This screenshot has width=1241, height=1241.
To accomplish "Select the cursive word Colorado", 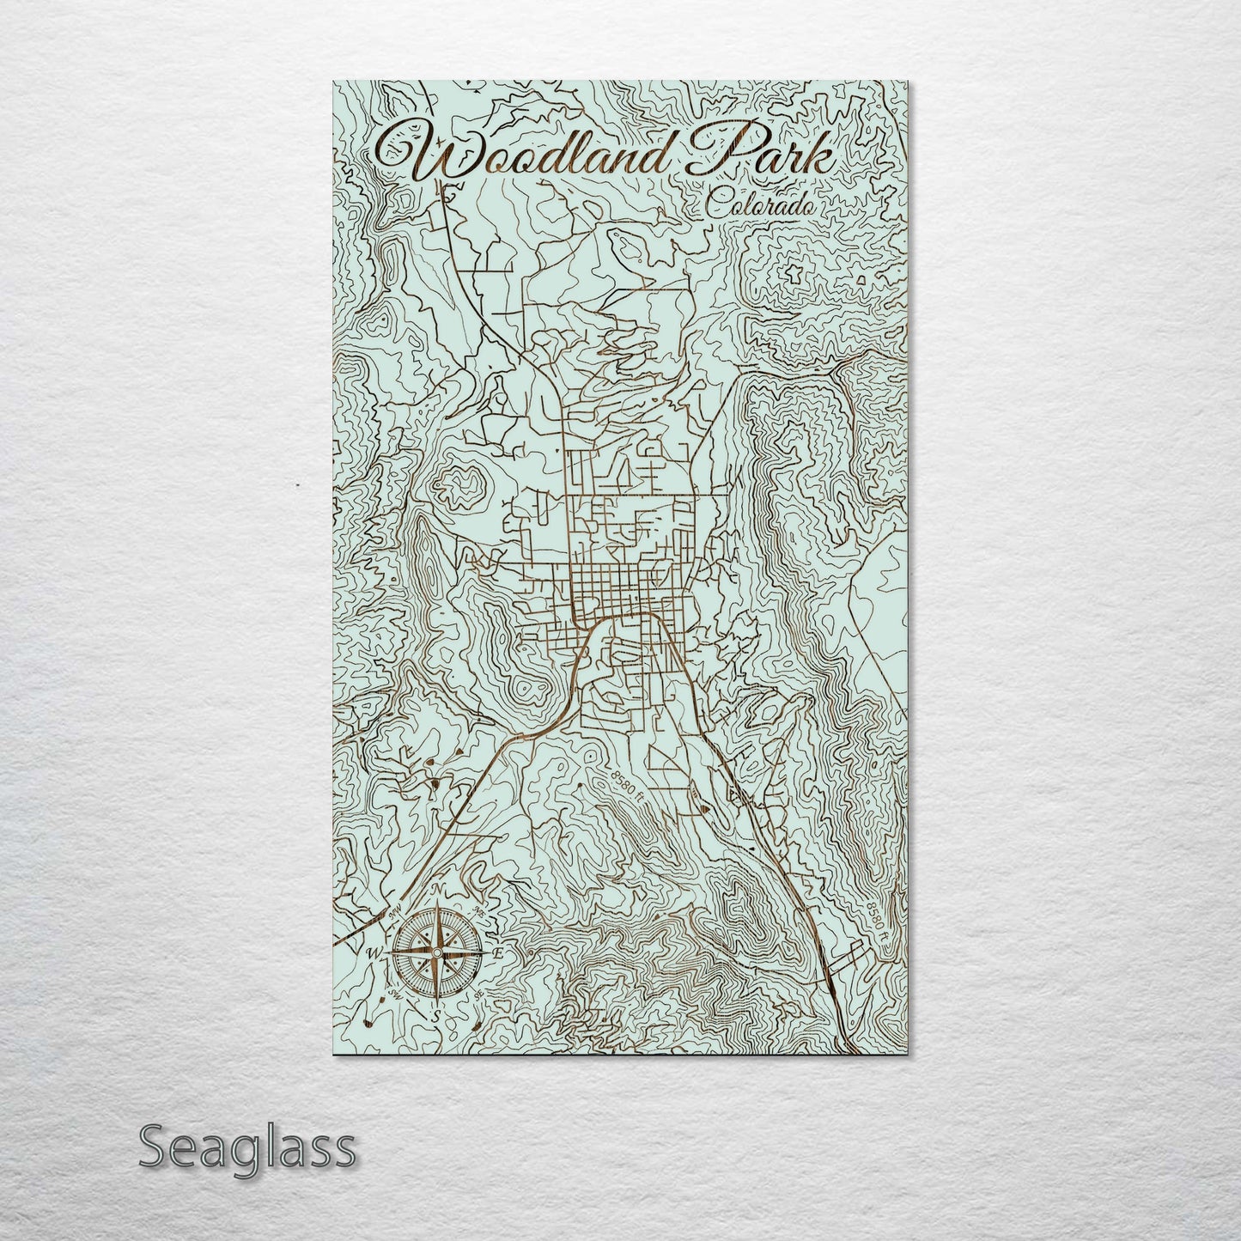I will click(760, 206).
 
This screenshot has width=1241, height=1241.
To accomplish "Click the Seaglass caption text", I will click(246, 1147).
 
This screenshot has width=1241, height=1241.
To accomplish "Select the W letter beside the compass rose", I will click(374, 953).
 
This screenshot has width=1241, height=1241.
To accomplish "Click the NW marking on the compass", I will click(396, 911).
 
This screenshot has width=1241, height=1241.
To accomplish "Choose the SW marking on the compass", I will click(395, 995).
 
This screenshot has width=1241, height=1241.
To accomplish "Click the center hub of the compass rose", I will click(436, 953).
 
